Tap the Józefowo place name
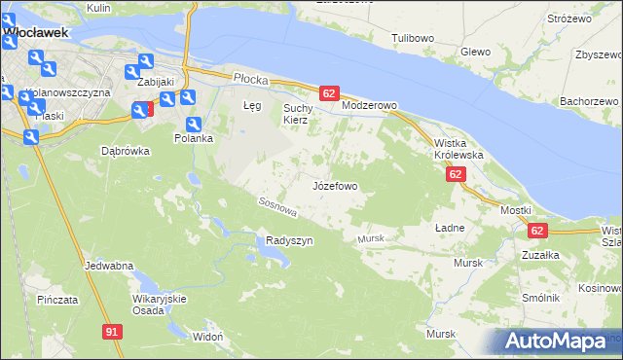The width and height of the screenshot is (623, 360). click(x=335, y=185)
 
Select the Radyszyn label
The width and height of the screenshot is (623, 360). click(x=289, y=240)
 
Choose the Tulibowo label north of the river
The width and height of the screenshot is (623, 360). click(x=412, y=38)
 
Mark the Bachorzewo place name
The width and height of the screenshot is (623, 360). click(x=590, y=100)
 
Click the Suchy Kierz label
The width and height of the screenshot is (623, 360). click(x=296, y=114)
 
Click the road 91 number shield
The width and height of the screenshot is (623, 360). click(x=112, y=333)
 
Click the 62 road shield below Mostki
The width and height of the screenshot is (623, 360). click(x=537, y=231)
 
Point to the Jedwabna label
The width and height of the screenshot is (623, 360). click(x=109, y=266)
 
